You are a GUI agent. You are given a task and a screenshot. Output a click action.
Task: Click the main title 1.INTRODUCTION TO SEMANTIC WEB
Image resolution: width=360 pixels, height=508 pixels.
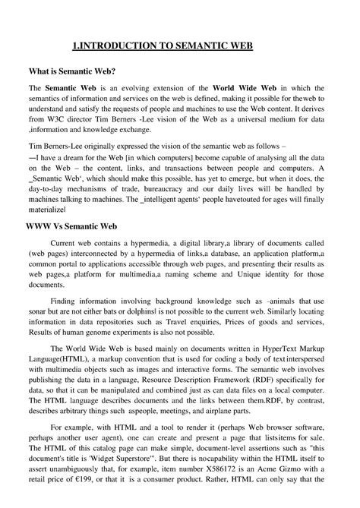pyautogui.click(x=179, y=46)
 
